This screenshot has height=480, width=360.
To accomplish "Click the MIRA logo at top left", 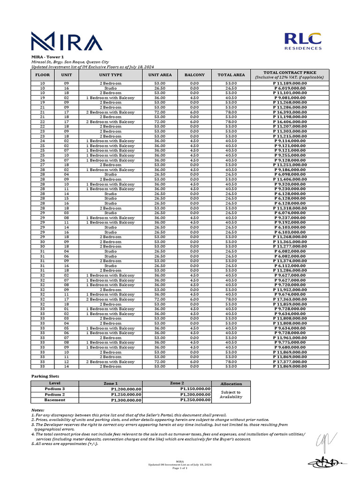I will click(66, 41).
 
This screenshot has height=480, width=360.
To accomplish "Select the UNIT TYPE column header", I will click(110, 75).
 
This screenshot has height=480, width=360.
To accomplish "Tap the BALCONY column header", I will click(195, 75).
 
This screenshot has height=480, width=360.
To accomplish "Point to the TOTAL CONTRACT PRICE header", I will click(290, 75).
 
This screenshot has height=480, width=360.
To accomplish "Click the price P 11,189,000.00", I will click(290, 83).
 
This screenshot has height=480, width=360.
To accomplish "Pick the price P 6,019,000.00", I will click(290, 88).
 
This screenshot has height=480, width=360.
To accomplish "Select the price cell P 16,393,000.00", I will click(290, 112).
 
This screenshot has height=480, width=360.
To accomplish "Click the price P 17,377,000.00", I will click(290, 362).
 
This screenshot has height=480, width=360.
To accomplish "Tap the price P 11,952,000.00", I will click(290, 290).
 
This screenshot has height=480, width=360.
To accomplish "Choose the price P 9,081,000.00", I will click(290, 97).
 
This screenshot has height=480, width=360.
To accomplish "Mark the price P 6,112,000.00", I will click(290, 266).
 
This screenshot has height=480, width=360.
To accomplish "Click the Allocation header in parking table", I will click(231, 383).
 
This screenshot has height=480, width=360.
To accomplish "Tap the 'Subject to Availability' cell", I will click(231, 395).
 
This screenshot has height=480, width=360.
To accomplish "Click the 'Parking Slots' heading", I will click(45, 376).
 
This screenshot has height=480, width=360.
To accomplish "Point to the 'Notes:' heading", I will click(38, 410).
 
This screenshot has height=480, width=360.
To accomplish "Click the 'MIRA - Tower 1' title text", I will click(47, 57).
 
